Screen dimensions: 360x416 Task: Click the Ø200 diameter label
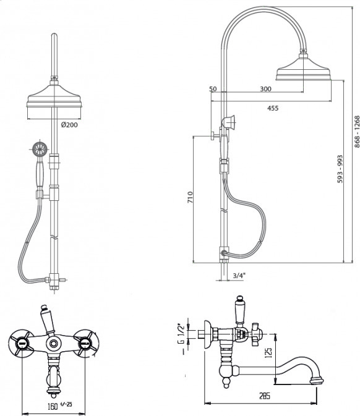pos(69,124)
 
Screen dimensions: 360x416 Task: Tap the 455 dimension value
pos(273,108)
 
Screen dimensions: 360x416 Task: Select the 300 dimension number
pos(265,89)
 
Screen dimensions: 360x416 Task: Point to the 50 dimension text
pos(213,89)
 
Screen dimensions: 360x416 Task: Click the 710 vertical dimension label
pos(190,197)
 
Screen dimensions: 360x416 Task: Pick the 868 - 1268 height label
pos(357,132)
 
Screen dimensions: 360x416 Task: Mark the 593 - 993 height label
pos(340,169)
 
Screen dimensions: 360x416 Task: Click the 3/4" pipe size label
pos(238,276)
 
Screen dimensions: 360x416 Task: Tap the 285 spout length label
pos(264,396)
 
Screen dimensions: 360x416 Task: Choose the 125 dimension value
pos(268,353)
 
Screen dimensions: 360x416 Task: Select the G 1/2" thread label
pos(180,337)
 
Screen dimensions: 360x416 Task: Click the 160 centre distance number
pos(53,406)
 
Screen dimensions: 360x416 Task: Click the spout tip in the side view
pos(317,381)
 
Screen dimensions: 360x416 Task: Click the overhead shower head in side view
pos(303,70)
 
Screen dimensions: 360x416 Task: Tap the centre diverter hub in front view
pos(54,344)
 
